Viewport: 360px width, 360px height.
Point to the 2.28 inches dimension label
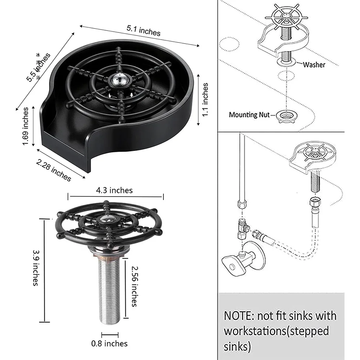point(54,170)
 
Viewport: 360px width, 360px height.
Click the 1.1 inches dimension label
point(205,100)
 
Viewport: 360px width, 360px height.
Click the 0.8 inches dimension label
point(109,343)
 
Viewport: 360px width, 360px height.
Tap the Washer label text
point(314,65)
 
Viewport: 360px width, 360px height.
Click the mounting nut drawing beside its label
point(287,116)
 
